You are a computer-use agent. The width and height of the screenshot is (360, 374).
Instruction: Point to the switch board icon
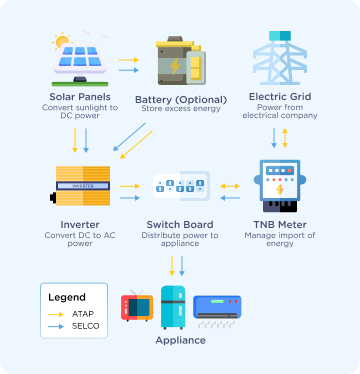pyautogui.click(x=180, y=186)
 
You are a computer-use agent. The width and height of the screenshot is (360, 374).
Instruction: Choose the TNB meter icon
pyautogui.click(x=281, y=185)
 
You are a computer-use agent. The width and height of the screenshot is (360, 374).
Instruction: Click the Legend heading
pyautogui.click(x=67, y=297)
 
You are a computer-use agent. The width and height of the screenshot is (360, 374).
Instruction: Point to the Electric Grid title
pyautogui.click(x=281, y=97)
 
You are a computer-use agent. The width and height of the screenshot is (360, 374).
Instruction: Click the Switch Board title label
pyautogui.click(x=180, y=224)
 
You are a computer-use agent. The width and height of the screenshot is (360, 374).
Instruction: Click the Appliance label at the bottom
pyautogui.click(x=180, y=340)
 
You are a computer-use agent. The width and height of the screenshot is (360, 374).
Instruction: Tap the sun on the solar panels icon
pyautogui.click(x=62, y=43)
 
